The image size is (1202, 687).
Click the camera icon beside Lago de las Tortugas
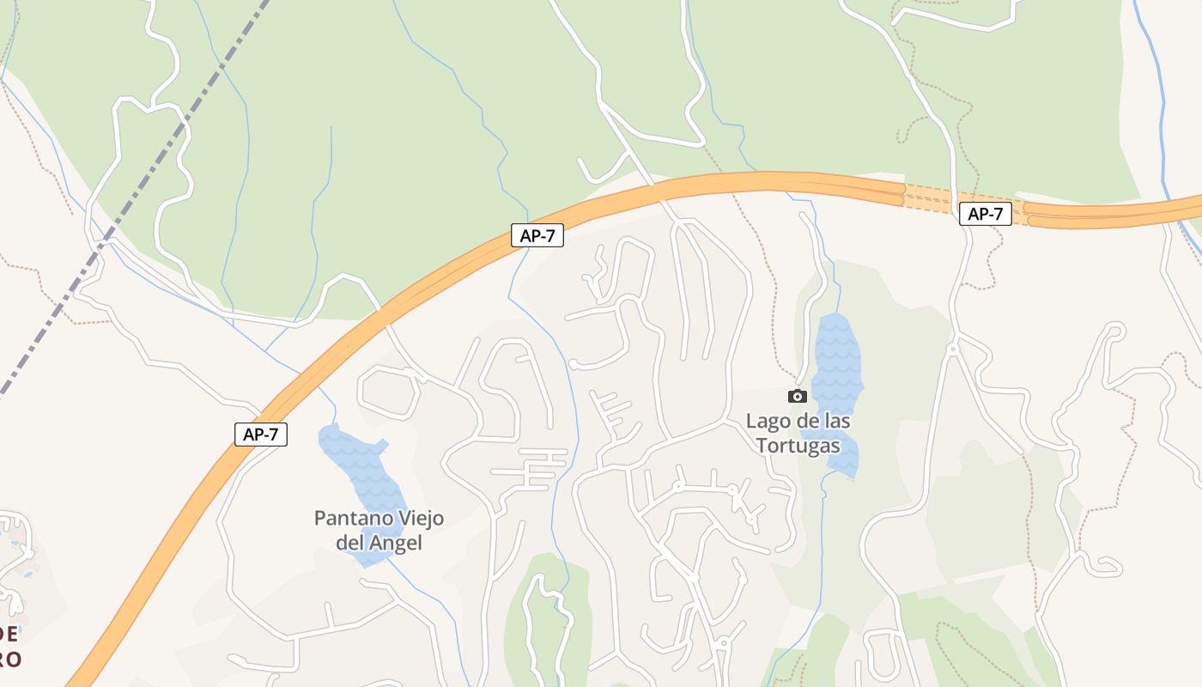pos(798,396)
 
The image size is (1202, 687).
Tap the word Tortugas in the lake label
pos(798,446)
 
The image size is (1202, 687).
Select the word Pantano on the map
pos(346,519)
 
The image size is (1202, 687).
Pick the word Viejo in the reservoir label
pos(412,519)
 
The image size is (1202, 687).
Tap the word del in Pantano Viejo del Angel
pos(349,543)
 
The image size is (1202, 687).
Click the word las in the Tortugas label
pos(836,421)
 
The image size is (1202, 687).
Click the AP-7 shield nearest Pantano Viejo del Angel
pos(261,434)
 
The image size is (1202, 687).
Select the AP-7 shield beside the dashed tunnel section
pos(985,214)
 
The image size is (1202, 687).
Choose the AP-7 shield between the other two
pos(537,236)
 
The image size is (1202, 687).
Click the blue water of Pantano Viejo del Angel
pos(361,472)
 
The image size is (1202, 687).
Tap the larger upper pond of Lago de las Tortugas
pos(837,361)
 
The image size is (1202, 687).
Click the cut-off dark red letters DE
pos(9,635)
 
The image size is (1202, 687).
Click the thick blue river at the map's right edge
pos(1161,129)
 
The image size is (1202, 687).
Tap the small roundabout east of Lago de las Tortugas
pos(952,350)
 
